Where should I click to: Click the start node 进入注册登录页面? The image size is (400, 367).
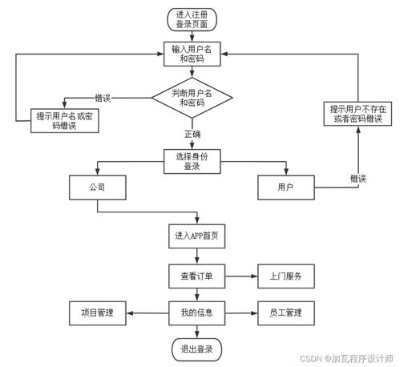click(192, 19)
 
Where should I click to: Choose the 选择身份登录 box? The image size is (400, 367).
click(192, 161)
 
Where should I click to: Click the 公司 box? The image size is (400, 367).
click(97, 188)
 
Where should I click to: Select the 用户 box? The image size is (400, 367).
click(285, 188)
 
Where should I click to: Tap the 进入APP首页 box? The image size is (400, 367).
click(192, 236)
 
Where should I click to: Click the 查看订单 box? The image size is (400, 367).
click(192, 276)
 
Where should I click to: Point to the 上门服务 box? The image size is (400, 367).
click(285, 276)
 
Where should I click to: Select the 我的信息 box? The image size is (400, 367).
click(192, 312)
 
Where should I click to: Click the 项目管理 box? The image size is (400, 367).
click(97, 312)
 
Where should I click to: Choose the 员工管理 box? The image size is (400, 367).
click(285, 312)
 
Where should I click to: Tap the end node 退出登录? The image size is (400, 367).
click(192, 349)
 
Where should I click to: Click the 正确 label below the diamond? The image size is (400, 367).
click(192, 135)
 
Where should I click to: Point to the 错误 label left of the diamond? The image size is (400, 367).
click(103, 98)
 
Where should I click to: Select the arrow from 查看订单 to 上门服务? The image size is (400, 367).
click(238, 276)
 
